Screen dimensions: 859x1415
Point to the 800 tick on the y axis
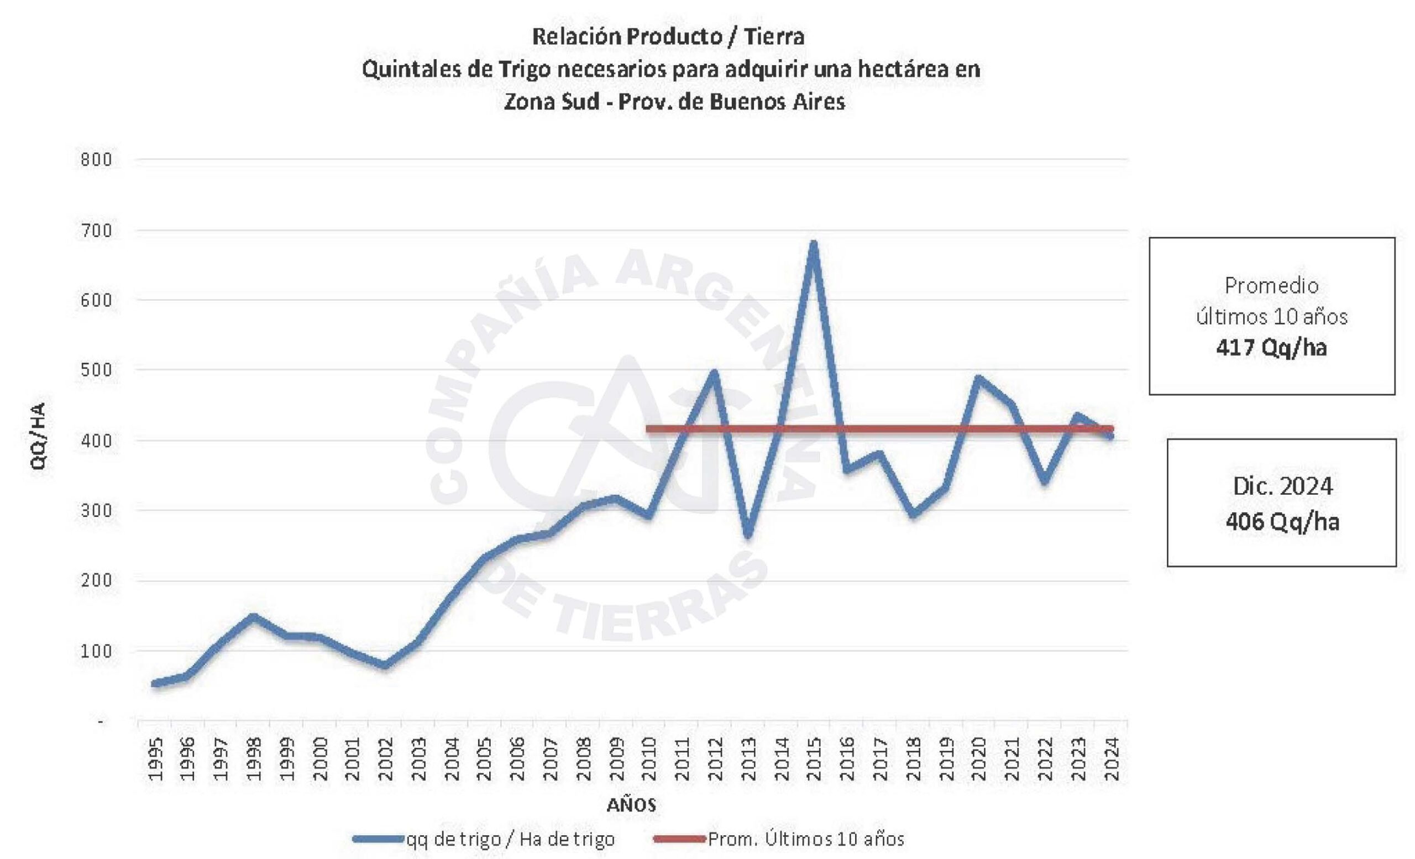(97, 160)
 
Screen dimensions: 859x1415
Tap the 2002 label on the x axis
(385, 759)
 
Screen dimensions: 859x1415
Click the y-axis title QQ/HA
(39, 436)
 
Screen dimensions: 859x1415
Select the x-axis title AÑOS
(631, 805)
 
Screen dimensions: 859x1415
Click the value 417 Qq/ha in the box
(1271, 348)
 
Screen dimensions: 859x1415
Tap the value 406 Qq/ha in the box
(1282, 522)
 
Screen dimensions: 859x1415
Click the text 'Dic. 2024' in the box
(1282, 486)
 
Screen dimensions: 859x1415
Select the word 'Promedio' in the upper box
(1271, 286)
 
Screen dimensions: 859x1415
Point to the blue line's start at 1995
(154, 683)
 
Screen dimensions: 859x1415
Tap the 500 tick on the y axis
(97, 370)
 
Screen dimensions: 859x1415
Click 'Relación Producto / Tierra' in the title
(668, 36)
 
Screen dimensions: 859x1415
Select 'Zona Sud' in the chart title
(551, 102)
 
